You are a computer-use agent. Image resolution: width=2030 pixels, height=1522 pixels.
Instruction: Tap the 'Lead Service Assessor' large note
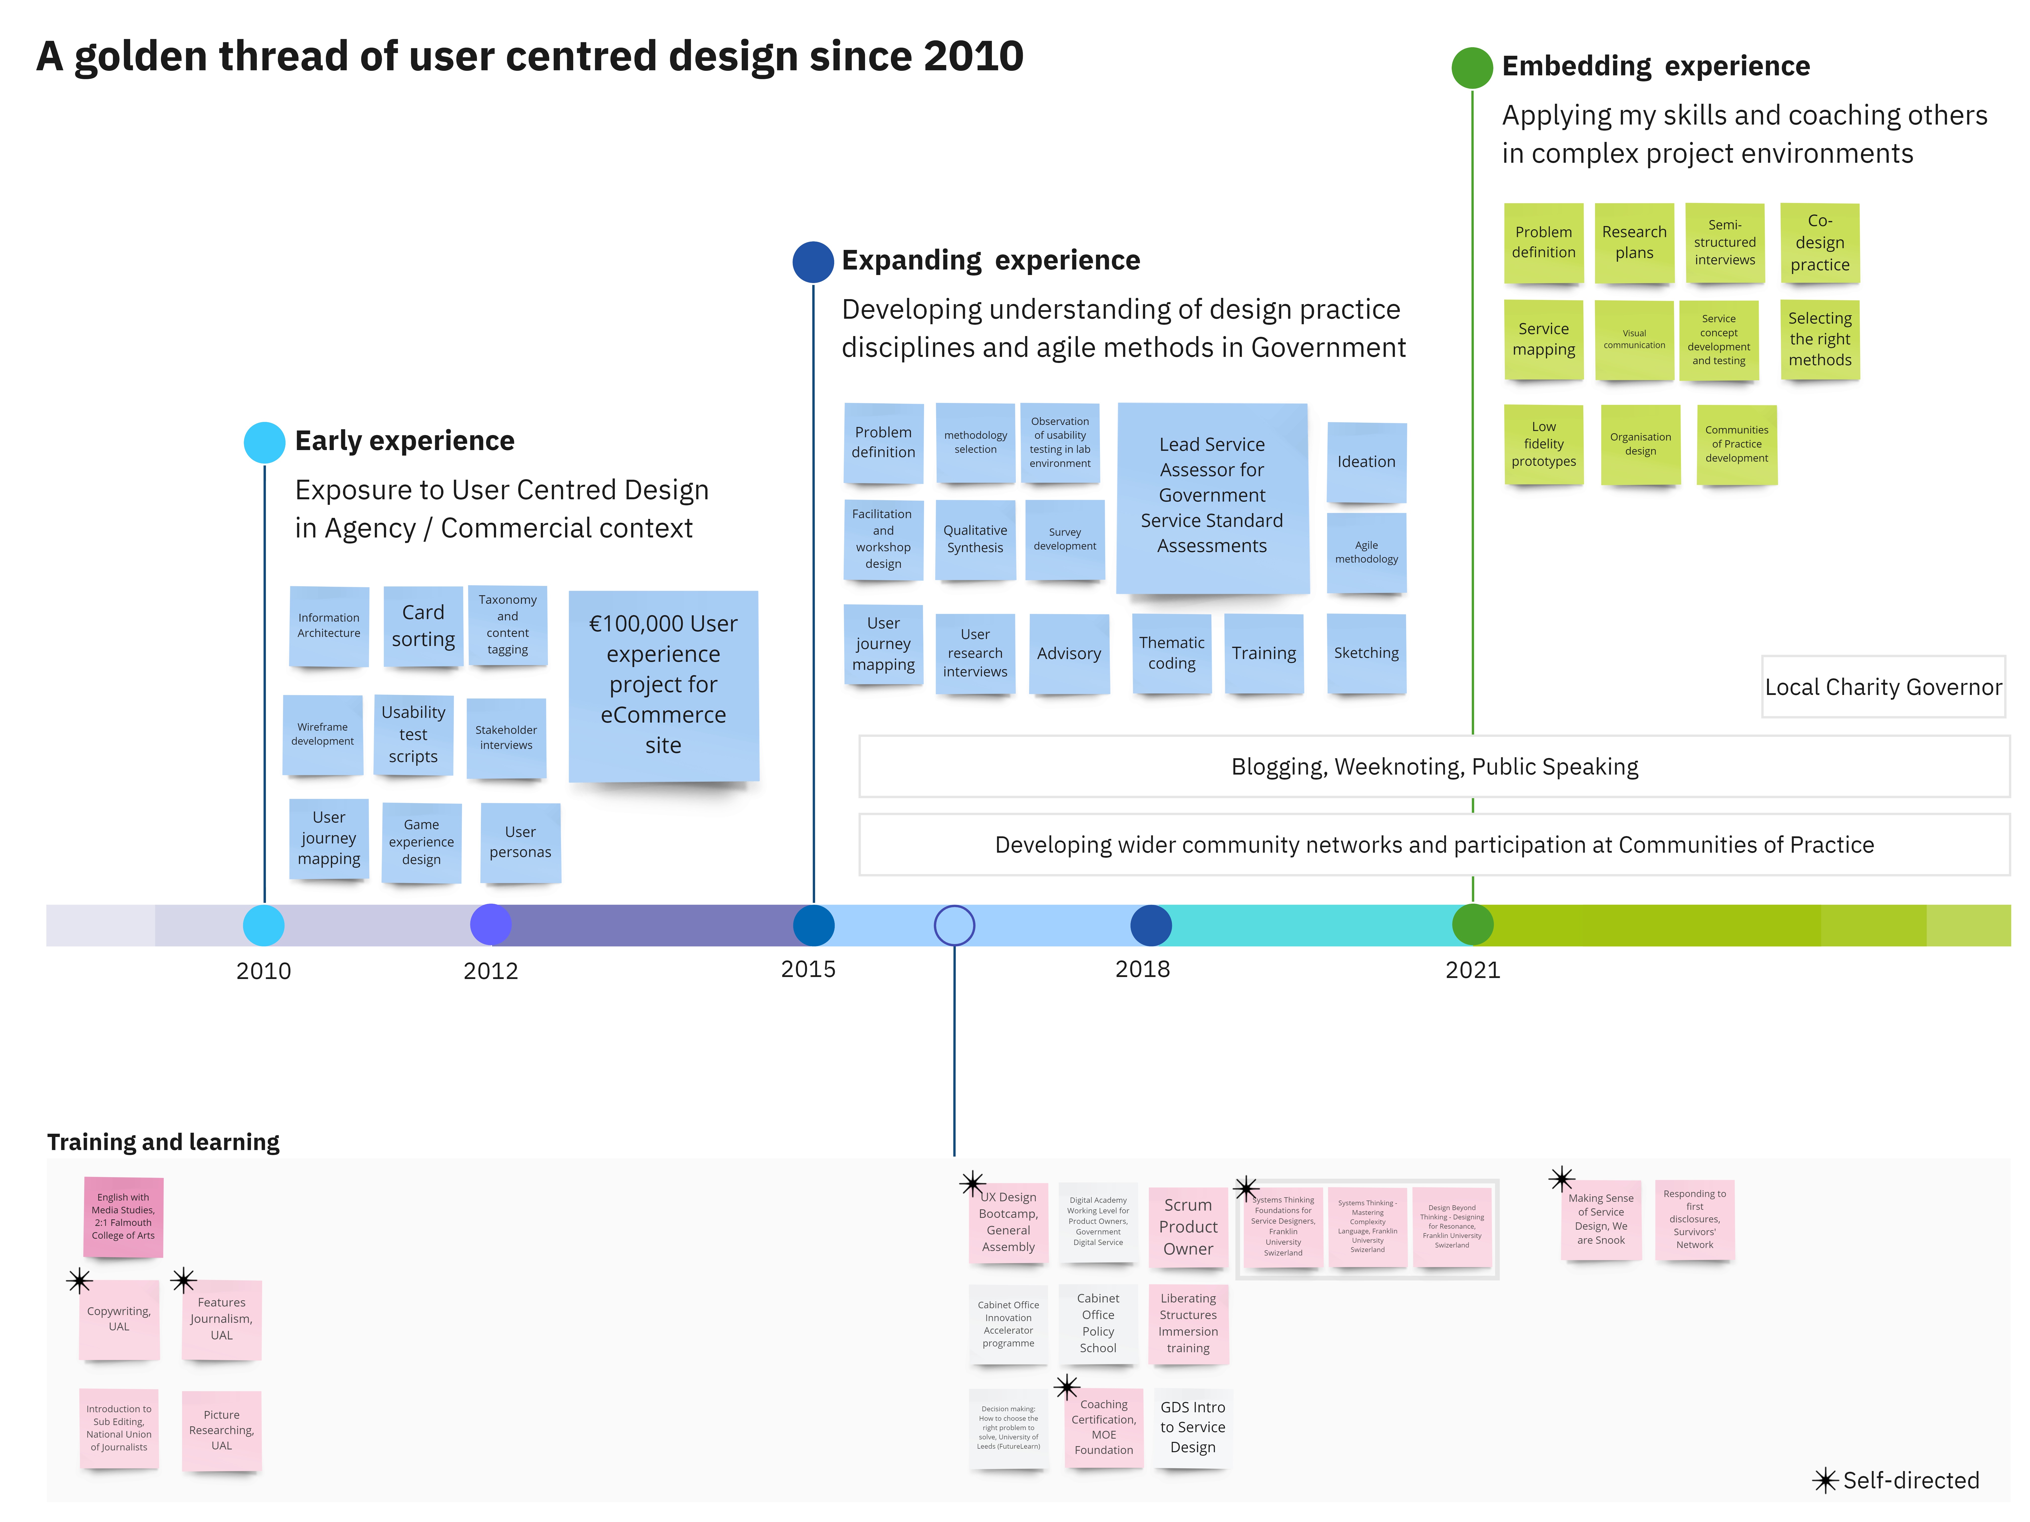[x=1211, y=496]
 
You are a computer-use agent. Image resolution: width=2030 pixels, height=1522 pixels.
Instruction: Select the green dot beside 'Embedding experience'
[x=1472, y=68]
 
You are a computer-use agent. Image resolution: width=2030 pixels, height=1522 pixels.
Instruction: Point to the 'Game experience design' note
[x=421, y=842]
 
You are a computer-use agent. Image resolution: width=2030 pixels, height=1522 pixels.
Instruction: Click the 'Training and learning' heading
[x=163, y=1142]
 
